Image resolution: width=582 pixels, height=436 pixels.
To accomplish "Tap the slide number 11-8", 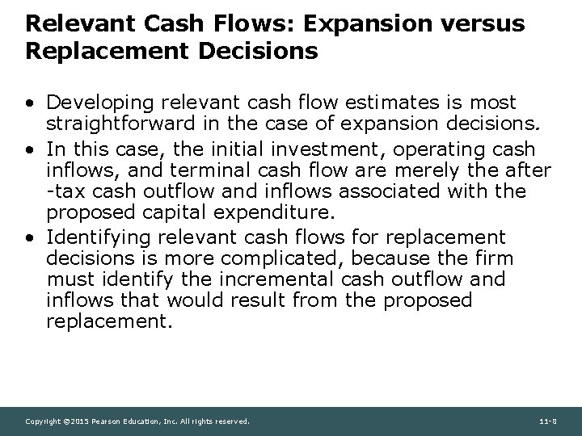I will coord(549,421).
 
